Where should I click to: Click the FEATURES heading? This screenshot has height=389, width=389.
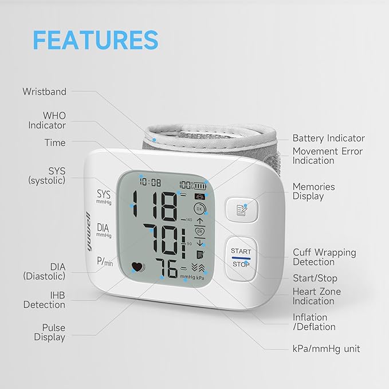[x=96, y=40]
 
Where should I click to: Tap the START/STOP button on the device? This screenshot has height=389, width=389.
[x=241, y=258]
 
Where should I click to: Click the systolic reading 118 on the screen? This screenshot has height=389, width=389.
[x=155, y=206]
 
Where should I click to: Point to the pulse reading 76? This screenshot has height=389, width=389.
[x=167, y=269]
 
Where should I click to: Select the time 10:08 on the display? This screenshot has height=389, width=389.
[x=150, y=182]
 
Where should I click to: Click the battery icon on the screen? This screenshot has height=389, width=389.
[x=200, y=186]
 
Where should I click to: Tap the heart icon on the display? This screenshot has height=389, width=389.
[x=138, y=267]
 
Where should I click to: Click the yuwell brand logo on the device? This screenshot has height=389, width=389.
[x=89, y=231]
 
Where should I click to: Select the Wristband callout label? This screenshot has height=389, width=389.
[x=45, y=92]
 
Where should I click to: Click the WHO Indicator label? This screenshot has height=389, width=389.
[x=47, y=120]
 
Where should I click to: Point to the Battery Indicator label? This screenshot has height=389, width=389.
[x=329, y=138]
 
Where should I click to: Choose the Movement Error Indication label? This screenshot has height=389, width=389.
[x=328, y=156]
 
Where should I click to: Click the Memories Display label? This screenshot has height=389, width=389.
[x=313, y=191]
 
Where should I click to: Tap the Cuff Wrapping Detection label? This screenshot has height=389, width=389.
[x=324, y=257]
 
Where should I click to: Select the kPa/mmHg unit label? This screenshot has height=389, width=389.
[x=326, y=349]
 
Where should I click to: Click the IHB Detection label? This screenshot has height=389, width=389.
[x=45, y=300]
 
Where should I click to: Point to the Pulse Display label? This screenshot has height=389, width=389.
[x=50, y=332]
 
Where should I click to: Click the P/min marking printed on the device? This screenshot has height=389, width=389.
[x=105, y=261]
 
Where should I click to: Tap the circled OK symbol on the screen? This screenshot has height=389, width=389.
[x=199, y=209]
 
